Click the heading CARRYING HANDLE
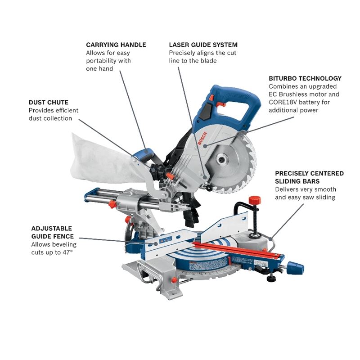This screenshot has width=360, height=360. point(116,45)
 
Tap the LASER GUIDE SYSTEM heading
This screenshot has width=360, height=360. point(203,45)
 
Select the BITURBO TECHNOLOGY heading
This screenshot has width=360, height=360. point(305,78)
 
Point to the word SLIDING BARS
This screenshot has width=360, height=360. point(296,181)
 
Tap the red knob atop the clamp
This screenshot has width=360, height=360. point(255,199)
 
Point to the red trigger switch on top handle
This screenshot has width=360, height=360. point(220,104)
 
